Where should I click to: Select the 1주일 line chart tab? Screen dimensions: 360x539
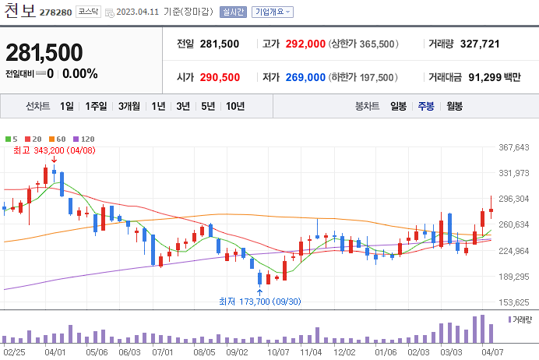click(x=97, y=106)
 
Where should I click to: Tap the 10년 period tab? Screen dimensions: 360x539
click(x=234, y=106)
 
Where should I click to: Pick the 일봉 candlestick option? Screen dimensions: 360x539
click(x=398, y=106)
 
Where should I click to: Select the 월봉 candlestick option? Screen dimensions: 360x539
click(x=454, y=106)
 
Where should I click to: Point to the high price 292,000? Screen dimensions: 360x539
click(x=305, y=44)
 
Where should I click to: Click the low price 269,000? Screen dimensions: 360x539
click(x=305, y=77)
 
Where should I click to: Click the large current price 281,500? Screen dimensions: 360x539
click(x=44, y=52)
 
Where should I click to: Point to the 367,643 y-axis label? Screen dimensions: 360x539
click(x=513, y=147)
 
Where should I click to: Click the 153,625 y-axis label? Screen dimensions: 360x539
click(x=513, y=302)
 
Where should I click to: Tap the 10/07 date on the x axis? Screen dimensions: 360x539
click(x=278, y=351)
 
